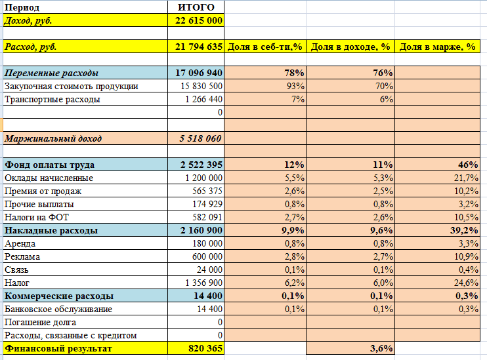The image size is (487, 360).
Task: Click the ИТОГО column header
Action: click(196, 7)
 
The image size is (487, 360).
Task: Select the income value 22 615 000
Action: click(199, 20)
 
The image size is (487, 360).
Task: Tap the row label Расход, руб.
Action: click(30, 47)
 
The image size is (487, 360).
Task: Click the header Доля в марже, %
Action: click(437, 47)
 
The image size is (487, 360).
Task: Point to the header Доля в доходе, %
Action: click(350, 47)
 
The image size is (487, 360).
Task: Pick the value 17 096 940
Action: click(199, 73)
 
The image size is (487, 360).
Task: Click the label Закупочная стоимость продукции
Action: click(71, 87)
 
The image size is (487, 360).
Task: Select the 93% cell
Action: click(295, 86)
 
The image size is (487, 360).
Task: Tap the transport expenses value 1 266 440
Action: click(203, 99)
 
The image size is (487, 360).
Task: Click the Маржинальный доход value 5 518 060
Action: click(200, 138)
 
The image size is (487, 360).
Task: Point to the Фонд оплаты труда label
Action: click(49, 165)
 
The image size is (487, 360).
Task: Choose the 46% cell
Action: click(468, 165)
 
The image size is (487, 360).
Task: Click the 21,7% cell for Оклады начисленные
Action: click(466, 178)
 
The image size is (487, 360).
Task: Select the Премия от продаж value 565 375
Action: click(207, 191)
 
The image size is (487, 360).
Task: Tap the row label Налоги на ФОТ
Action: click(36, 217)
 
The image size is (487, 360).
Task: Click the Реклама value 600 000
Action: click(207, 256)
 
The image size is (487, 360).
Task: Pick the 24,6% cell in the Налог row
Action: click(466, 283)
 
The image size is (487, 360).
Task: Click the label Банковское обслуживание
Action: click(58, 309)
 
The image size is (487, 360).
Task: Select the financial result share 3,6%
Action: click(381, 348)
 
